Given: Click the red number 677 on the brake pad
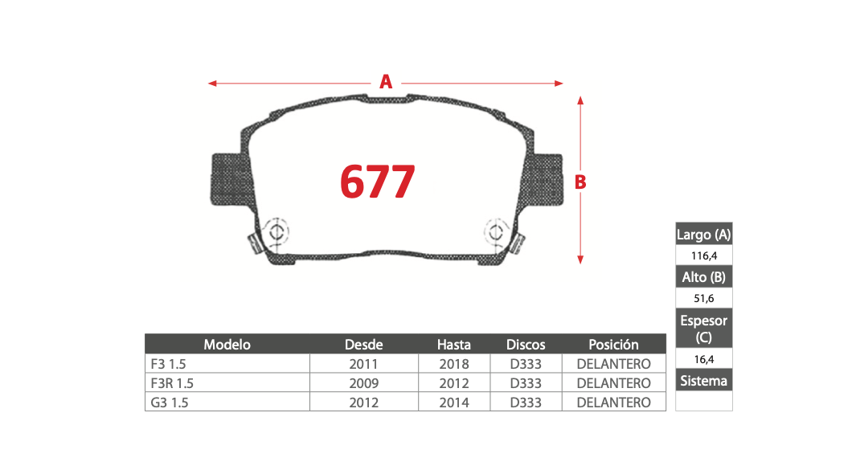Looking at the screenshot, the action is [378, 182].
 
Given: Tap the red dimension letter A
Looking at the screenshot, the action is [386, 82].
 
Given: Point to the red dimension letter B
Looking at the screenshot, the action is [580, 182].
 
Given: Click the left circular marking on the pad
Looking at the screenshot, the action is [276, 232].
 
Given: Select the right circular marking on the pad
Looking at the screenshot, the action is [496, 232].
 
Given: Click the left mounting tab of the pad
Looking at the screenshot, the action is [231, 179].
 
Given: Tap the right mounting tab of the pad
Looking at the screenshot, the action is [543, 179].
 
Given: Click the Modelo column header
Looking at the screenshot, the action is [227, 345].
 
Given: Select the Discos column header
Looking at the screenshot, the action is [526, 345].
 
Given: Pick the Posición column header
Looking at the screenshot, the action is [613, 345].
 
